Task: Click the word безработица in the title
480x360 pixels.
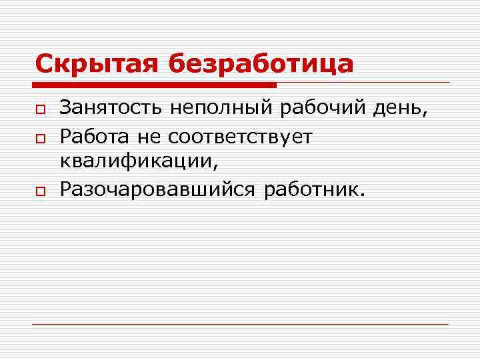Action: coord(261,64)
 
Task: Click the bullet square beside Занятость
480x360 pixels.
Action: coord(40,107)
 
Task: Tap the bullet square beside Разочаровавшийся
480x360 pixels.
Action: coord(40,191)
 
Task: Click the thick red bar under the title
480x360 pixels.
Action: coord(153,85)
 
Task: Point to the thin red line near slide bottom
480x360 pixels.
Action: coord(240,324)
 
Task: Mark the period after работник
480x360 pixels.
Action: coord(362,195)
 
